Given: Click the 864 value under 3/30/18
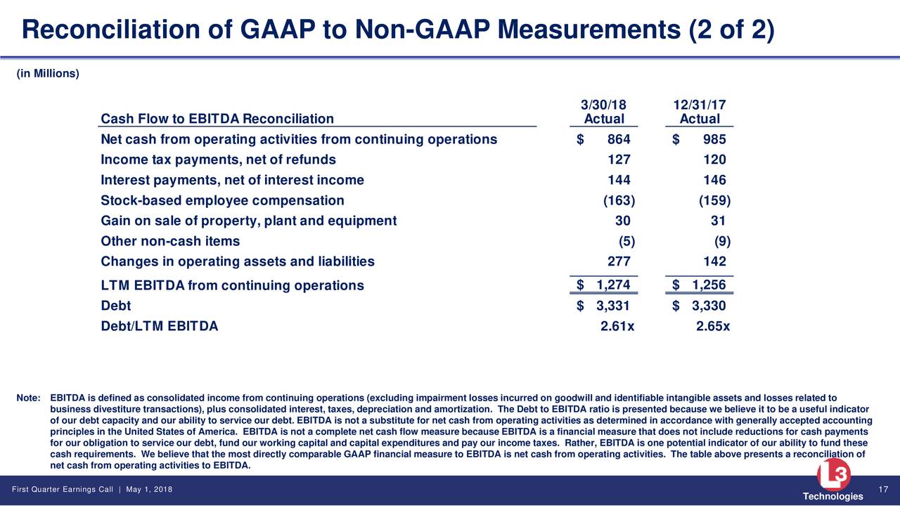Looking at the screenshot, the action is point(619,139).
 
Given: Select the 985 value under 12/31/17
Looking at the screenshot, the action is point(714,139).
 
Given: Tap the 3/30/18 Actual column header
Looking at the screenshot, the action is point(603,112).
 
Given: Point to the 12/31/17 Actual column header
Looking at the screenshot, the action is point(700,112).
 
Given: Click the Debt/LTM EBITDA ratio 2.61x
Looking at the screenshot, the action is point(617,326).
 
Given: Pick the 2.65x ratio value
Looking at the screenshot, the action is point(713,326).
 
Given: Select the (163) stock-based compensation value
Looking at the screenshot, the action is point(619,200).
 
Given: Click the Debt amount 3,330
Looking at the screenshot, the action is point(709,306).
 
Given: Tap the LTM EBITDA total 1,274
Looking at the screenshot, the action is point(613,285).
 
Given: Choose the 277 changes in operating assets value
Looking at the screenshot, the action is point(619,261).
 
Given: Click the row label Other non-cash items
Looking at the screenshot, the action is point(170,241).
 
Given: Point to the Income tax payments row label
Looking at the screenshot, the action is point(218,160).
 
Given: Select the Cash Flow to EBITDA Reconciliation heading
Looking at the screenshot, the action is point(217,119).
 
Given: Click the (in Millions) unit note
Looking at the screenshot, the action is point(48,74).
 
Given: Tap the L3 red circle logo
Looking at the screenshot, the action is point(833,474).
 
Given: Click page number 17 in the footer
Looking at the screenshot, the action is point(882,489).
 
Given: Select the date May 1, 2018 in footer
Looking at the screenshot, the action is point(149,489).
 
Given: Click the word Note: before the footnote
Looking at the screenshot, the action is point(28,398).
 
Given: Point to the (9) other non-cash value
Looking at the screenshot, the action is point(722,241).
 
